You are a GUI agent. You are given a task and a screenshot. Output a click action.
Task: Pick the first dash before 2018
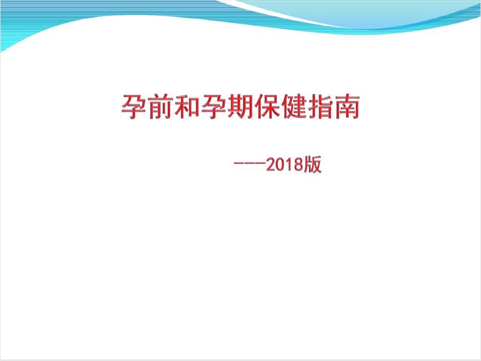(x=238, y=166)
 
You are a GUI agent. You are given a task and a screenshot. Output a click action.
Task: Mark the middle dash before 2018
(x=249, y=166)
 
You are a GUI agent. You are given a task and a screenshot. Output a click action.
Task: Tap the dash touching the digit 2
(x=259, y=166)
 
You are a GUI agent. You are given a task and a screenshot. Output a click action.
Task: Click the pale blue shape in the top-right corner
(x=373, y=11)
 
